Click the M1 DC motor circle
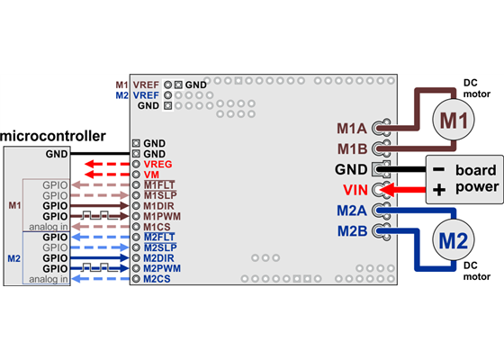click(x=454, y=120)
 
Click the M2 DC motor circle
click(x=454, y=240)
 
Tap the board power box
click(x=463, y=178)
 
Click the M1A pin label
click(x=353, y=127)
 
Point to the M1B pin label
click(x=353, y=148)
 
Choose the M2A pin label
click(x=353, y=211)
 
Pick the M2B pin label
click(x=353, y=231)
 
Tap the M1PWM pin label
click(x=165, y=217)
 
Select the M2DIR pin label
click(x=163, y=257)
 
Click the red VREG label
click(x=159, y=165)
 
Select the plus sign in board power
click(x=439, y=189)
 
